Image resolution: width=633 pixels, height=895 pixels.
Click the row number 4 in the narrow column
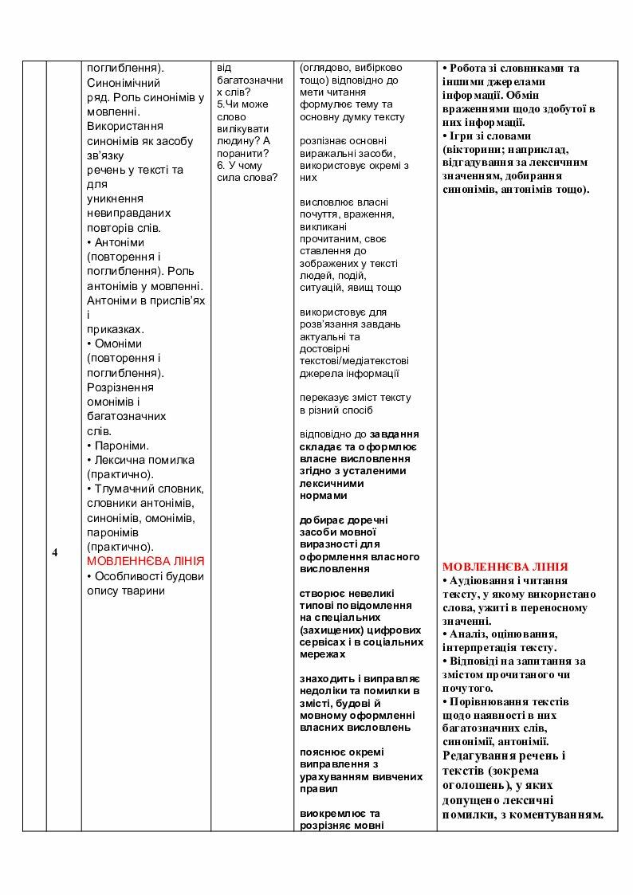pyautogui.click(x=55, y=552)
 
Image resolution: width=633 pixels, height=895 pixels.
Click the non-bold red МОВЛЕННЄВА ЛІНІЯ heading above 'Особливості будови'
pyautogui.click(x=145, y=561)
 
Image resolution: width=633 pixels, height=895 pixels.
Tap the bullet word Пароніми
pyautogui.click(x=121, y=446)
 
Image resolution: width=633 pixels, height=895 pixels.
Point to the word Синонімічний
pyautogui.click(x=123, y=83)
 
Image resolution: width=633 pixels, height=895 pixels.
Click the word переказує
pyautogui.click(x=325, y=397)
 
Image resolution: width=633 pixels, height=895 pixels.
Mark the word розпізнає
pyautogui.click(x=326, y=141)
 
